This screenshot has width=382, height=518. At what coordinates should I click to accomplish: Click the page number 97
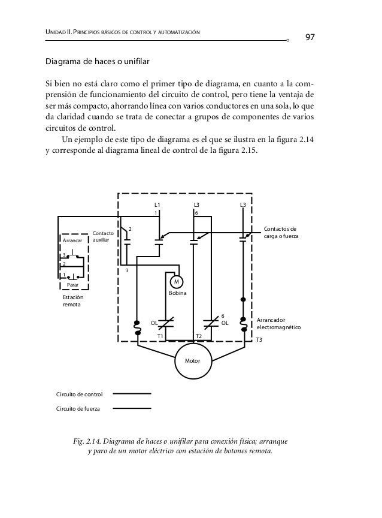click(310, 38)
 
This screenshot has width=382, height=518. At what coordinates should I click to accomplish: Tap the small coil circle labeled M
click(177, 282)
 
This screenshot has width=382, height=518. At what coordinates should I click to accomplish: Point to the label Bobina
click(177, 293)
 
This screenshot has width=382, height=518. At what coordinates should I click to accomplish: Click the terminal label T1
click(160, 336)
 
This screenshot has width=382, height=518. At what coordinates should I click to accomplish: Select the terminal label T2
click(199, 336)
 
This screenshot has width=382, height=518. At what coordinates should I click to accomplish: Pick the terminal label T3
click(259, 340)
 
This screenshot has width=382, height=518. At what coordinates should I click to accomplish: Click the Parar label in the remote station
click(73, 284)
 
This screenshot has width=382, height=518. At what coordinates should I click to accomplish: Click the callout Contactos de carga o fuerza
click(281, 233)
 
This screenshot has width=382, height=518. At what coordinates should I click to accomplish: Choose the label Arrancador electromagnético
click(278, 324)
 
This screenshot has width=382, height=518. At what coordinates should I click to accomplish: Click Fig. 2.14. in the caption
click(86, 441)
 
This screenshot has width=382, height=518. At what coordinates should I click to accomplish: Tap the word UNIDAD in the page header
click(59, 31)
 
